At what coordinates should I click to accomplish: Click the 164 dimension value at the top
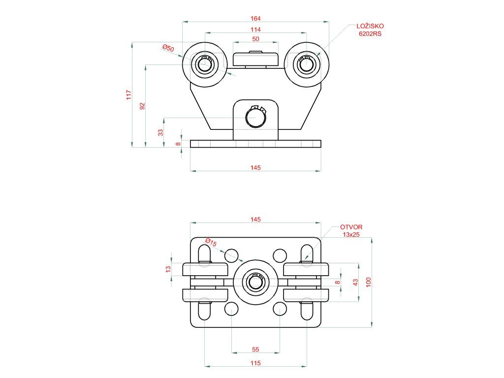(x=255, y=18)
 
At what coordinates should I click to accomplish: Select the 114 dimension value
(x=255, y=30)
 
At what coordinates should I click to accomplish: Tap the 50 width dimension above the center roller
(x=255, y=39)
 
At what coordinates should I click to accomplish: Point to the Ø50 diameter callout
(x=168, y=48)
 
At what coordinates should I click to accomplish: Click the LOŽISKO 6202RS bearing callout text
(x=370, y=30)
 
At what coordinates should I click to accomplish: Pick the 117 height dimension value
(x=129, y=94)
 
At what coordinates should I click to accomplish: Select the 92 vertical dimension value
(x=142, y=106)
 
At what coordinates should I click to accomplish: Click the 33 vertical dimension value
(x=160, y=132)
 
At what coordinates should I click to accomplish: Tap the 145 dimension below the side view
(x=255, y=168)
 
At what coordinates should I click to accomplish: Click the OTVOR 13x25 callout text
(x=351, y=231)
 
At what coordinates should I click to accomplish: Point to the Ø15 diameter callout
(x=211, y=243)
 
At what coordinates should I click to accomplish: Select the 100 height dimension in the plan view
(x=369, y=282)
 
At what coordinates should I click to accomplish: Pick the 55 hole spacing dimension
(x=255, y=349)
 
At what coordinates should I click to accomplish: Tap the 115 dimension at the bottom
(x=255, y=363)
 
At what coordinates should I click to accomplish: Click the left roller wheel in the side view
(x=204, y=64)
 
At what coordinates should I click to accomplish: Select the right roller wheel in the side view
(x=306, y=64)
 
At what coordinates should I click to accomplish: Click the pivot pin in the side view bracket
(x=255, y=117)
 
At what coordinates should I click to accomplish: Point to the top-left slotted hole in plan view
(x=204, y=254)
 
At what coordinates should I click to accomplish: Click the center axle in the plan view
(x=255, y=282)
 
